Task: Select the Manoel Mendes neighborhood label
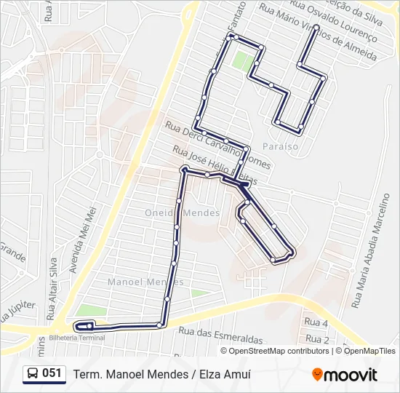click(144, 282)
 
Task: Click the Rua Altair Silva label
click(51, 287)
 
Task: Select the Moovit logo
click(345, 375)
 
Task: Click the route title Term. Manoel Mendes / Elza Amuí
click(161, 374)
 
